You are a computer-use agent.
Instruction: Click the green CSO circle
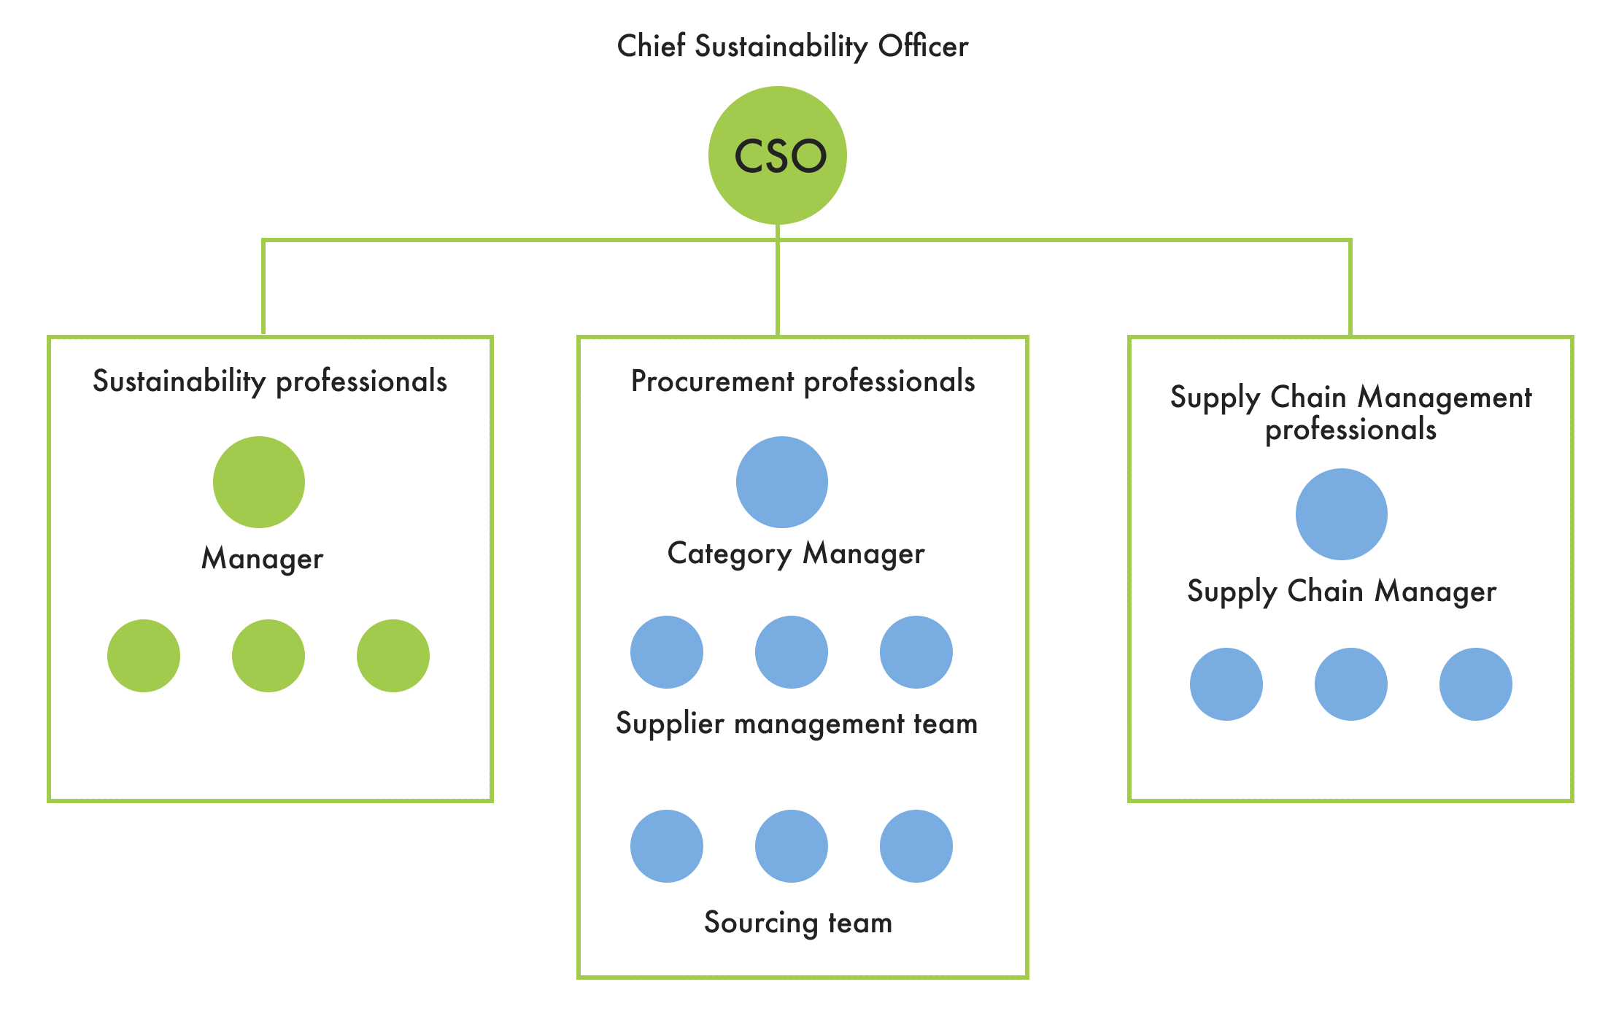click(778, 155)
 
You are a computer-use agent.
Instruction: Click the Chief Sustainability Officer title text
click(792, 47)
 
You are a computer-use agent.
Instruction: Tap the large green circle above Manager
click(259, 482)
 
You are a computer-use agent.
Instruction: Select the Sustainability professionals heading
click(270, 382)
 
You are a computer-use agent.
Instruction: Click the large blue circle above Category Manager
click(782, 482)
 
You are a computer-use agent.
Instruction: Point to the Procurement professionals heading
click(803, 382)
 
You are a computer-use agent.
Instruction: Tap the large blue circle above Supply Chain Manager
click(1342, 514)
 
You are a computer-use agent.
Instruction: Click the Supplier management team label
click(797, 724)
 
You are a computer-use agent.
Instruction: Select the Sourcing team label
click(798, 923)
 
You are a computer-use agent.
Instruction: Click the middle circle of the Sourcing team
click(792, 846)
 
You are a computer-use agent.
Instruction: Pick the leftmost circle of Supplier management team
click(667, 652)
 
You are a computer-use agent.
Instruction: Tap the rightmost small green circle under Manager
click(393, 656)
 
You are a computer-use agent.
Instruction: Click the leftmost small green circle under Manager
click(144, 656)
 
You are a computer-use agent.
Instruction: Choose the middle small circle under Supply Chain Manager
click(1351, 684)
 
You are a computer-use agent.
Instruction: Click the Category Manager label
click(796, 554)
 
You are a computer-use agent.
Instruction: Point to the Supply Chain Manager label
click(1342, 592)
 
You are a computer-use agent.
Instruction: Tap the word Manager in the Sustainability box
click(262, 560)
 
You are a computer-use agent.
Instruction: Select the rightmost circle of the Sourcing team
click(916, 846)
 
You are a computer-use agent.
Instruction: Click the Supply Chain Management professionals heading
click(1350, 413)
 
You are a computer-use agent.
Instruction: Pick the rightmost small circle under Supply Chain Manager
click(1476, 684)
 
